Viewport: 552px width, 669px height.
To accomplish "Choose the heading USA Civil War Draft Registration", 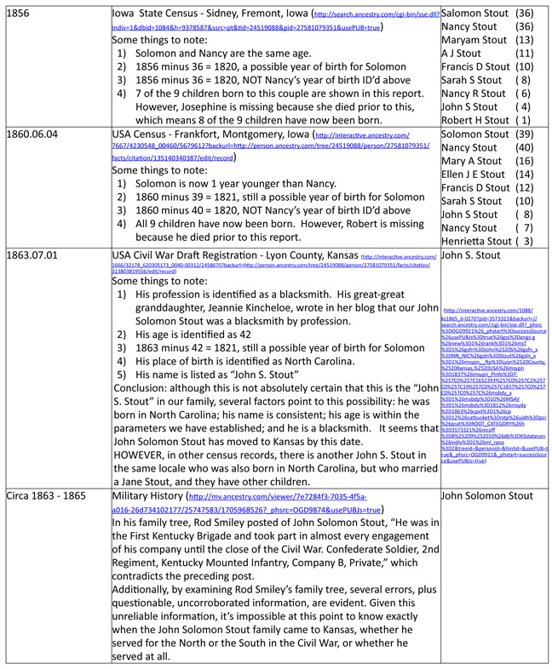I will click(x=235, y=254).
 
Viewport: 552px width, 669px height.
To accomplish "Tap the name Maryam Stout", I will click(x=475, y=40).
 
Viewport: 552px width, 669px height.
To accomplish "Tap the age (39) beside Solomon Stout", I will click(x=525, y=134).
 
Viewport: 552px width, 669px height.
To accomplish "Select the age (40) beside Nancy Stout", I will click(x=525, y=148).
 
